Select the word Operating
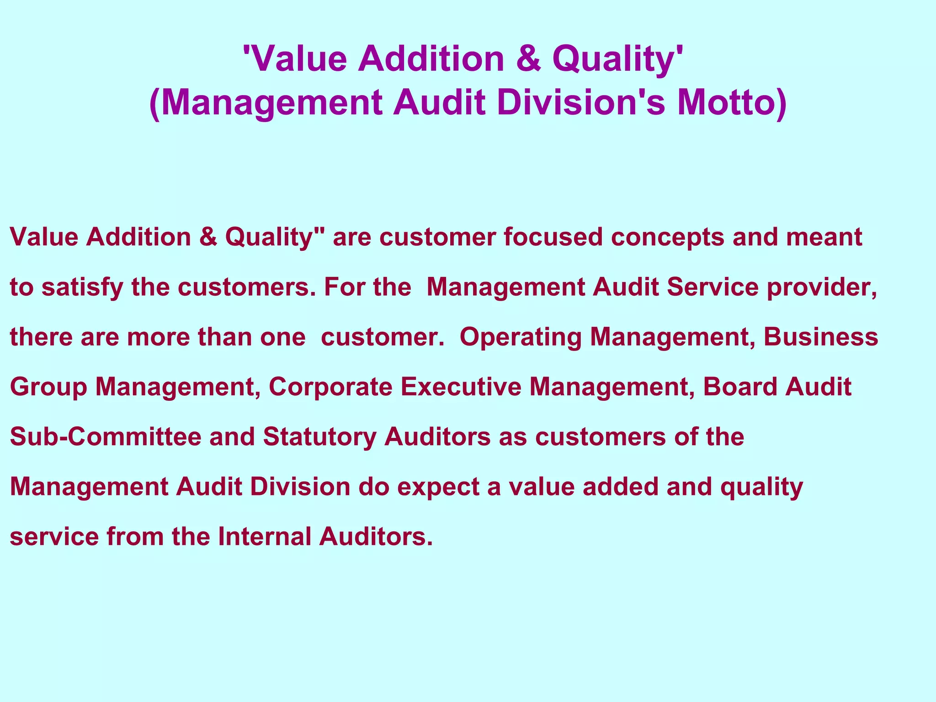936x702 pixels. click(x=521, y=337)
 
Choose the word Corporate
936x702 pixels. click(x=330, y=387)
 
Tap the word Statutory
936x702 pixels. click(x=319, y=437)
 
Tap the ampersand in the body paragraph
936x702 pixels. click(x=208, y=237)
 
